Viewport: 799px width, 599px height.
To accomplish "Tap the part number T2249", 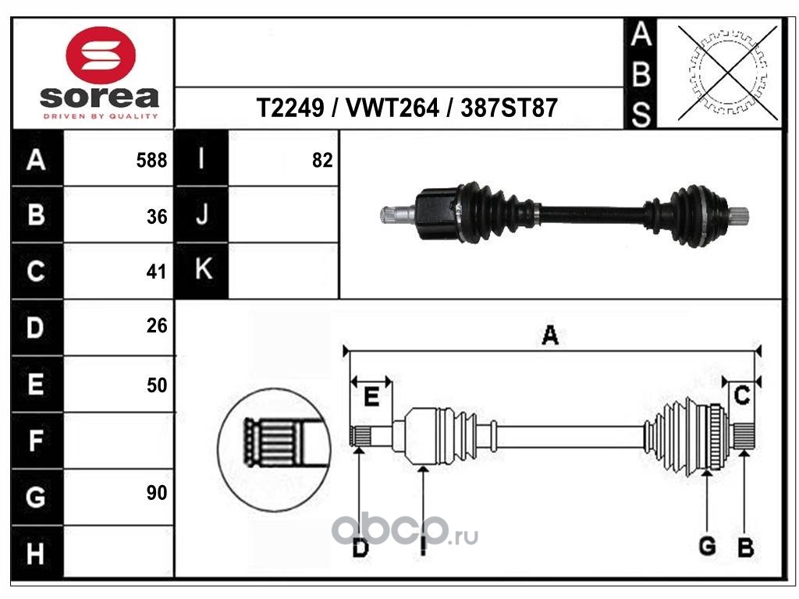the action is [290, 108].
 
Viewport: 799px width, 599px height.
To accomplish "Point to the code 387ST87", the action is [509, 108].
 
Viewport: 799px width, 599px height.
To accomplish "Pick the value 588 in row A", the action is [151, 161].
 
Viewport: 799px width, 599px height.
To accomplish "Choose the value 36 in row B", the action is [157, 217].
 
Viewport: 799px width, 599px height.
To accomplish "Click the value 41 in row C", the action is [157, 272].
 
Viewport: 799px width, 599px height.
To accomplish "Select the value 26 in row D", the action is [157, 326].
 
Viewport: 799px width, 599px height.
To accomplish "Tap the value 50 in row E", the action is [157, 385].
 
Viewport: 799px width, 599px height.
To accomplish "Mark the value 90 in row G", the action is [157, 493].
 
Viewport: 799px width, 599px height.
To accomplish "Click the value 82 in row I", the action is [321, 161].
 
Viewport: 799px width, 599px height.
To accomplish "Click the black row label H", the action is [36, 555].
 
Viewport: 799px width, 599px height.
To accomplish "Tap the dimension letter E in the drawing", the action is [371, 399].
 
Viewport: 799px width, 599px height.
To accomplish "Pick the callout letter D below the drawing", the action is [359, 549].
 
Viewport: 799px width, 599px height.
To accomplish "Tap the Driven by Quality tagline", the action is [100, 116].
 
